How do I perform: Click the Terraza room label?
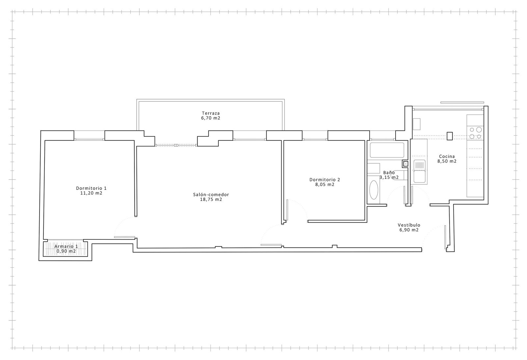tap(211, 113)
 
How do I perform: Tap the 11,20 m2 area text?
tap(91, 193)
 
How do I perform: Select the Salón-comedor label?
tap(211, 195)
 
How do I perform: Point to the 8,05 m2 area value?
tap(325, 184)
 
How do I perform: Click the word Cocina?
tap(447, 156)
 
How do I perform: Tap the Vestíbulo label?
tap(409, 225)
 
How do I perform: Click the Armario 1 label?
tap(66, 246)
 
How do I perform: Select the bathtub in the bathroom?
tap(387, 150)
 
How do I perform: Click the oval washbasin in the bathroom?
tap(374, 190)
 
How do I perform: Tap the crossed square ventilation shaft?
tap(405, 164)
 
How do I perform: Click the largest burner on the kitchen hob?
tap(479, 129)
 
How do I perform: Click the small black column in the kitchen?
tap(450, 136)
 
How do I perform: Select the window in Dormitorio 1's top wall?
tap(89, 140)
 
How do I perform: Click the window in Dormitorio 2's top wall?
tap(315, 140)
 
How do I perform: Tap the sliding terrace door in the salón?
tap(176, 145)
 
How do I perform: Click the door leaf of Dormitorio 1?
tap(125, 237)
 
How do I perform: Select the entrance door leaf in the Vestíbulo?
tap(445, 237)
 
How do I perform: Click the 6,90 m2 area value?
tap(409, 230)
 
